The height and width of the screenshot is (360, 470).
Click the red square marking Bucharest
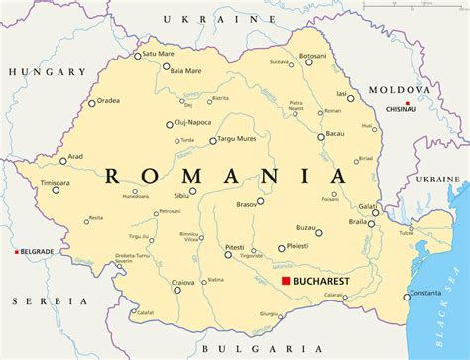click(285, 282)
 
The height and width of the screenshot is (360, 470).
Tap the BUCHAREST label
click(326, 282)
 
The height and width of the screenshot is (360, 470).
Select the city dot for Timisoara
click(56, 190)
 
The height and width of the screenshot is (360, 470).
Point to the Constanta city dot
click(406, 295)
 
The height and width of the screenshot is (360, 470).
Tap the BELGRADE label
click(37, 253)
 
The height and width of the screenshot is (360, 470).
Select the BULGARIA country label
click(248, 349)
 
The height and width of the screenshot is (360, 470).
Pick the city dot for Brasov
click(260, 201)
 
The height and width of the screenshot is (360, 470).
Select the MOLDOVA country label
click(400, 89)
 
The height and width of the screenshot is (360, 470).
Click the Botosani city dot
click(308, 61)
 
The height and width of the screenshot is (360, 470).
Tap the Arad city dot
click(62, 160)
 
